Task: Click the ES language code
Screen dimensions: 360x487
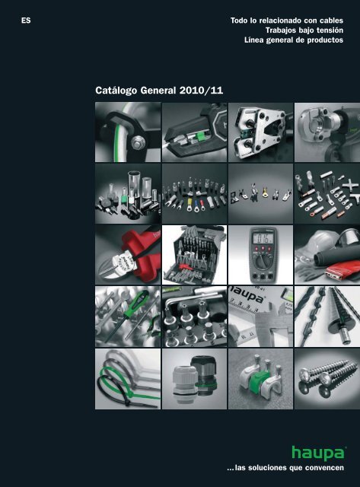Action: (26, 21)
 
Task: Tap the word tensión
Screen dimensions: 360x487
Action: (330, 30)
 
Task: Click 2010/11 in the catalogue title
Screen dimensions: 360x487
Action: (201, 91)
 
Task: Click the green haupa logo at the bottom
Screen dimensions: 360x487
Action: (318, 454)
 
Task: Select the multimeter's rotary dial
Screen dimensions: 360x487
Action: (261, 260)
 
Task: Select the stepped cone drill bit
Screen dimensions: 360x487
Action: (336, 314)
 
